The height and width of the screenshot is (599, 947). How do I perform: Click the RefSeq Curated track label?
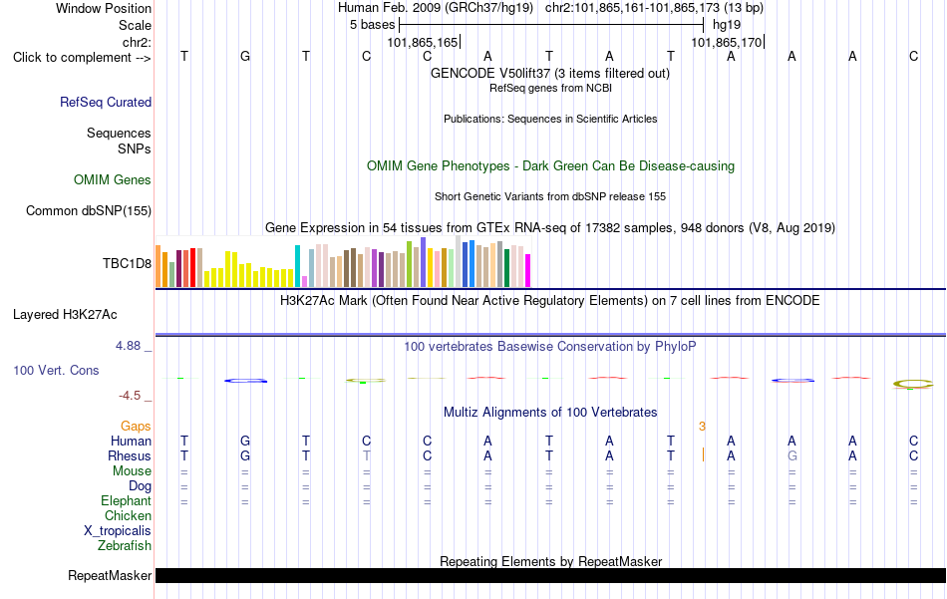[x=106, y=102]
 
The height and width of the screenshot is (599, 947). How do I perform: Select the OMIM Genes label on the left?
[x=113, y=180]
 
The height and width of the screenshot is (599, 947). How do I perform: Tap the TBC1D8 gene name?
[x=127, y=263]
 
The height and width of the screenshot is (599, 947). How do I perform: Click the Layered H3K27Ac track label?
[x=65, y=315]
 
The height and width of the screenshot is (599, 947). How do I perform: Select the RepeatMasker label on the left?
[x=110, y=576]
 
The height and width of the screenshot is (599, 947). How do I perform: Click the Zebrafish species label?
[x=125, y=546]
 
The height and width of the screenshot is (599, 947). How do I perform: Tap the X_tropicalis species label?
[x=118, y=531]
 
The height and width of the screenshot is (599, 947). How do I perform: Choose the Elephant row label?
[x=127, y=501]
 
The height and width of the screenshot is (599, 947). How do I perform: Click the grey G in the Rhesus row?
[x=792, y=455]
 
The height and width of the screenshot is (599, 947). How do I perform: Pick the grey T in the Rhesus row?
[x=367, y=455]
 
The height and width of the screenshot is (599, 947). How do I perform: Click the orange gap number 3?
[x=702, y=427]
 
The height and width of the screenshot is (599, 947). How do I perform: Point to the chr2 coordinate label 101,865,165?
[x=423, y=42]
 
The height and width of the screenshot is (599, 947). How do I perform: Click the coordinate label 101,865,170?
[x=727, y=42]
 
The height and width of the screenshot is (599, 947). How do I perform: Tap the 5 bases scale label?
[x=372, y=25]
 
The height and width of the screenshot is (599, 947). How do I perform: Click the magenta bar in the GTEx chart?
[x=528, y=270]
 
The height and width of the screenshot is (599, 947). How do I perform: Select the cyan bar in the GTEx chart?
[x=297, y=266]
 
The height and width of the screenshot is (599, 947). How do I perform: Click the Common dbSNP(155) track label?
[x=89, y=210]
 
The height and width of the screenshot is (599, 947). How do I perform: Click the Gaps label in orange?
[x=136, y=427]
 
